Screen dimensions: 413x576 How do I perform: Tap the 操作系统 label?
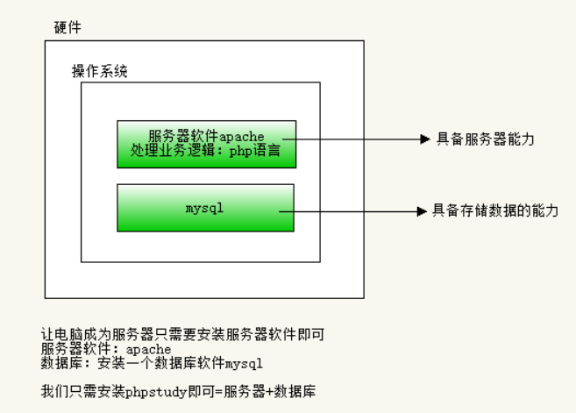[x=99, y=72]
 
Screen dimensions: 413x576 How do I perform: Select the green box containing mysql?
[x=205, y=207]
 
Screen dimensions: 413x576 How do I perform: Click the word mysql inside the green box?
[x=205, y=209]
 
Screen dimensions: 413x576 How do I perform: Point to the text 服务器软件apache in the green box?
[x=206, y=136]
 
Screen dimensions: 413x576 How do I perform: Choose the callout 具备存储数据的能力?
[x=495, y=210]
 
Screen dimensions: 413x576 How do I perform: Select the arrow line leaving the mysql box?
[x=351, y=210]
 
